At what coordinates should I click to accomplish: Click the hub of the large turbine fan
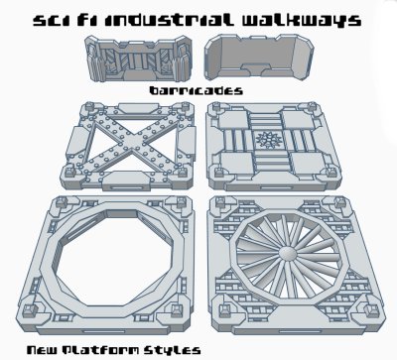[288, 260]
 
